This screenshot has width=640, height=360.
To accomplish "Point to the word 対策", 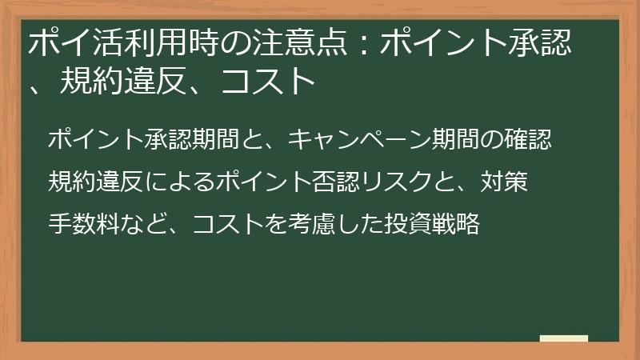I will coord(505,182).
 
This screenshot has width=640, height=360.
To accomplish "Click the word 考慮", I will coord(321,224).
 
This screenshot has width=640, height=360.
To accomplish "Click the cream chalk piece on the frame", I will coord(564,338).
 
